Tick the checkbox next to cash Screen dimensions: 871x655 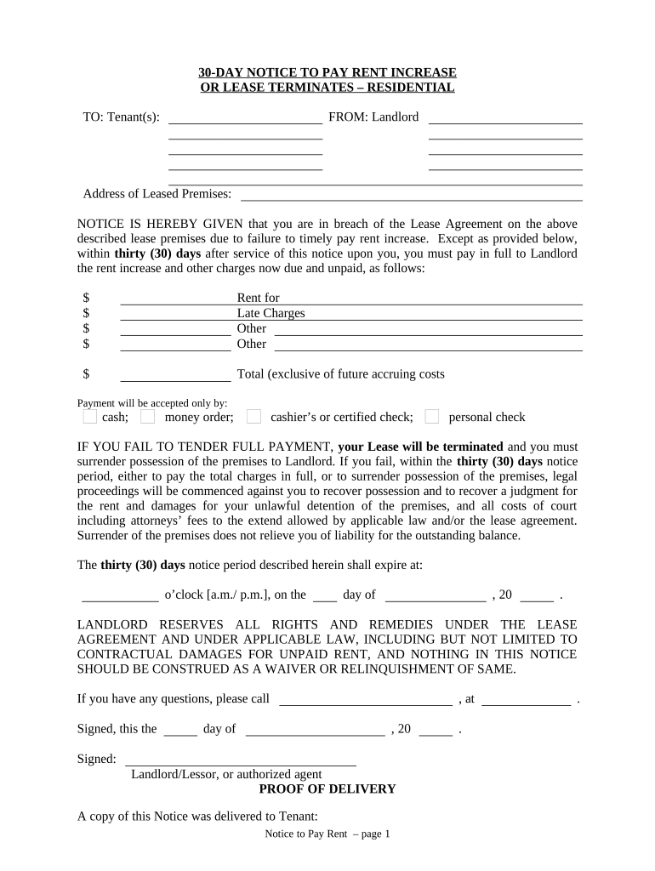[89, 417]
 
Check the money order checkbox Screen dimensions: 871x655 [147, 417]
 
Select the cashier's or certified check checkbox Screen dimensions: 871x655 [253, 417]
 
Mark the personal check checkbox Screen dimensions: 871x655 [432, 417]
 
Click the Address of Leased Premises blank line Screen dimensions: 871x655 [412, 196]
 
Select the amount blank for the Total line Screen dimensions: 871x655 [175, 375]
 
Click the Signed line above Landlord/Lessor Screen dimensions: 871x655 [241, 760]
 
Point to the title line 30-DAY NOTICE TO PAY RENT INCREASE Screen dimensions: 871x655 [327, 72]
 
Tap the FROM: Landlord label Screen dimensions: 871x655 [373, 117]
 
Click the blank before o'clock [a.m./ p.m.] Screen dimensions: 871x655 [120, 595]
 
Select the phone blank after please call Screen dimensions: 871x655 [366, 700]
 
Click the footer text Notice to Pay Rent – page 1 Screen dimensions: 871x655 [327, 834]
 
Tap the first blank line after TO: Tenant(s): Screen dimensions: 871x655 [245, 119]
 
